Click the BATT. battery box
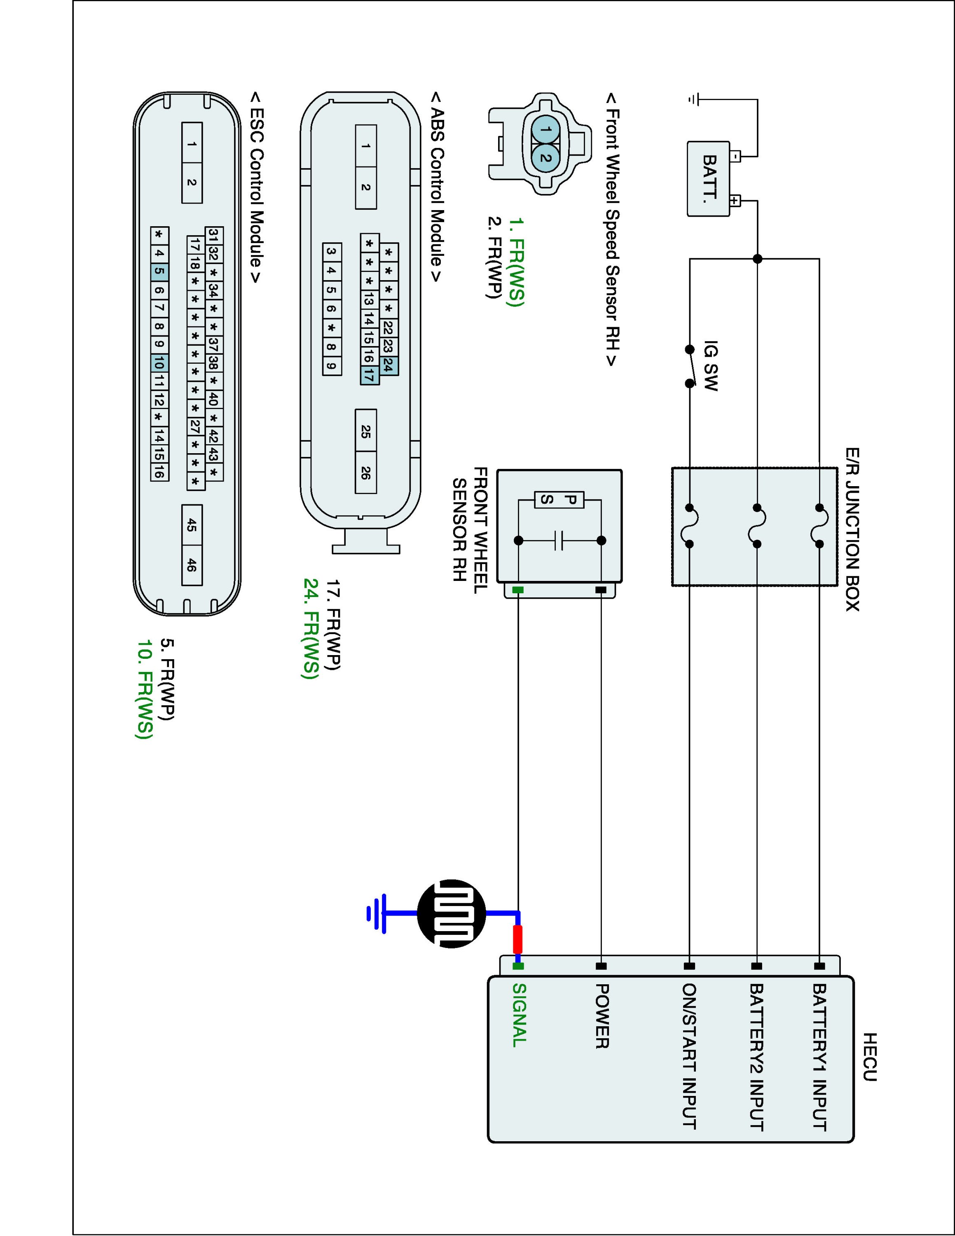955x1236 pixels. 708,179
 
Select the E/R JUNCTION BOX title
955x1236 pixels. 852,530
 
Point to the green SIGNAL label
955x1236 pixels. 520,1015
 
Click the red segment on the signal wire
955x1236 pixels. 517,940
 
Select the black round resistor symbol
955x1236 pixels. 451,913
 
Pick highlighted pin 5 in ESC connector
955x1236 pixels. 159,271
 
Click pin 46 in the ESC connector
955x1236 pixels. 192,565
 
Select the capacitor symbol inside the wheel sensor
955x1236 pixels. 559,541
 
